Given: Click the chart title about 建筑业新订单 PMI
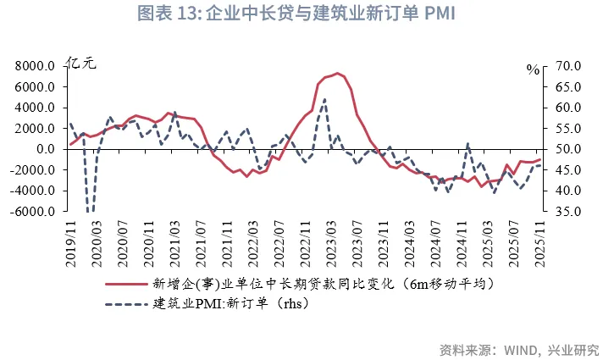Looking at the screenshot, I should click(306, 14).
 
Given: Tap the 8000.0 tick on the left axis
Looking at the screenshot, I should click(35, 66).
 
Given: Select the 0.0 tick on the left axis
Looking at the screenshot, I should click(45, 149).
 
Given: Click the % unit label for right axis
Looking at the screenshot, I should click(532, 70).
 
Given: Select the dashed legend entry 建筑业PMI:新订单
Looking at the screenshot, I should click(228, 304).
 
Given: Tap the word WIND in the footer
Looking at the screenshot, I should click(522, 348).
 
